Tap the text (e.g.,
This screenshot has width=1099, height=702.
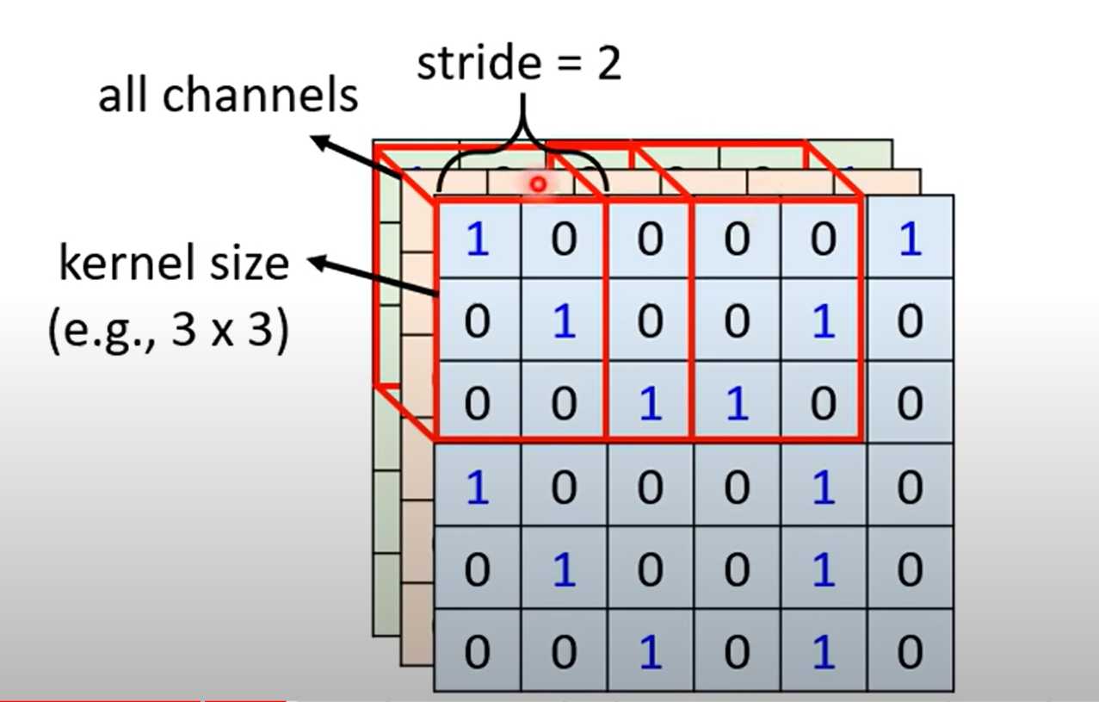click(x=104, y=331)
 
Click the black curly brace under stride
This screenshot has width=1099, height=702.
click(x=522, y=155)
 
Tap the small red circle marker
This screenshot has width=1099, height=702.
click(x=539, y=183)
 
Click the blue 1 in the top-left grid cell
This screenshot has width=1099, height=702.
click(x=477, y=239)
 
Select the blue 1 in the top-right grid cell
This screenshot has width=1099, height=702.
click(x=910, y=239)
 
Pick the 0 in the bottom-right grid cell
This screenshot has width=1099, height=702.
click(x=910, y=652)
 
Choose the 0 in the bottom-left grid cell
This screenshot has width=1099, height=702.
click(x=477, y=652)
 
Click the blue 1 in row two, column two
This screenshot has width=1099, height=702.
click(x=564, y=322)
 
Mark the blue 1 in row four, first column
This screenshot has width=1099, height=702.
click(x=477, y=488)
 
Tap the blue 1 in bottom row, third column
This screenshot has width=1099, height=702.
click(x=651, y=652)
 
